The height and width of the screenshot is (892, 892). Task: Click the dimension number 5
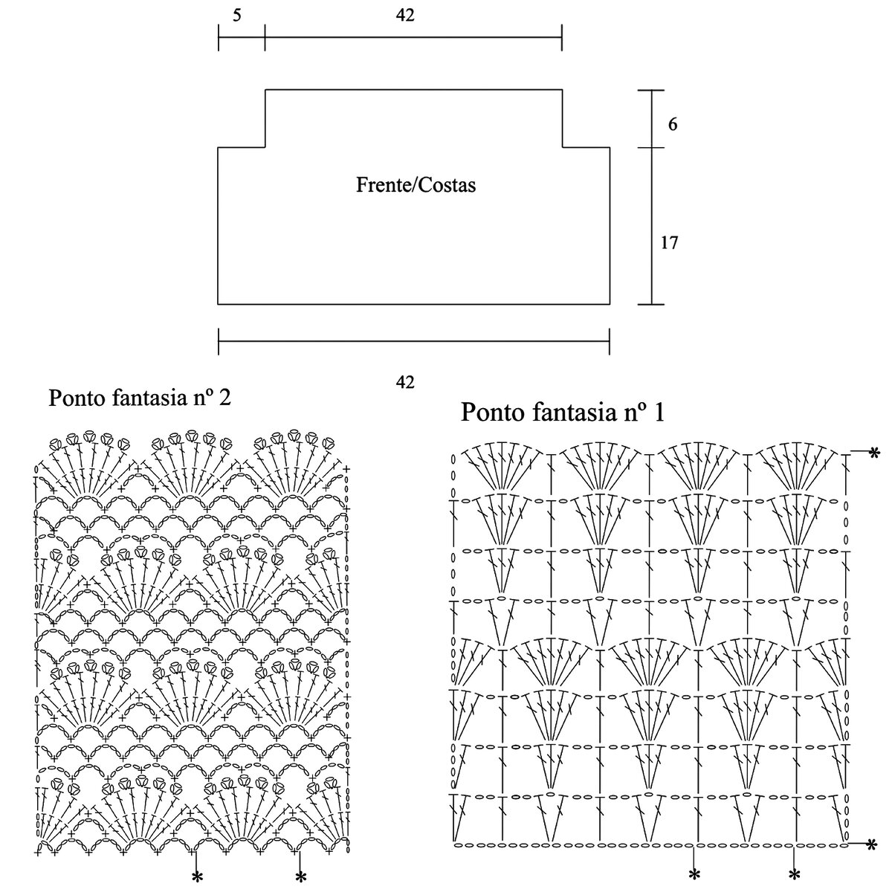point(236,15)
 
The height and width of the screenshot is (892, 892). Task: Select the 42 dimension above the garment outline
point(406,15)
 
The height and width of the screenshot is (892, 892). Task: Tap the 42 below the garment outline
point(405,383)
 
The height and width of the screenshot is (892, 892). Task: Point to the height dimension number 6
point(672,124)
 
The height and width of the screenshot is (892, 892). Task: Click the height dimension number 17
point(669,242)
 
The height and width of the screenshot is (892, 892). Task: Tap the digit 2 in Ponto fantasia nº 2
point(224,398)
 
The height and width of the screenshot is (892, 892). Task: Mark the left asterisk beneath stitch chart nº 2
point(197,877)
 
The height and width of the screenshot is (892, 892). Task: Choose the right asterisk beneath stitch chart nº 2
point(300,877)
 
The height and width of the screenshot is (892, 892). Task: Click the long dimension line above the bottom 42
point(413,343)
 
